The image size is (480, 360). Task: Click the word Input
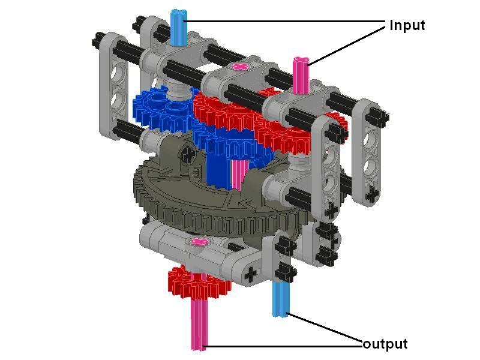pyautogui.click(x=407, y=26)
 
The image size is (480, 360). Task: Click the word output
pyautogui.click(x=385, y=343)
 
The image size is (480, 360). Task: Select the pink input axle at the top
pyautogui.click(x=301, y=74)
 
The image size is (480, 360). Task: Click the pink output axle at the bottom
pyautogui.click(x=199, y=325)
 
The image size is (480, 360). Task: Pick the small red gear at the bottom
pyautogui.click(x=199, y=283)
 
